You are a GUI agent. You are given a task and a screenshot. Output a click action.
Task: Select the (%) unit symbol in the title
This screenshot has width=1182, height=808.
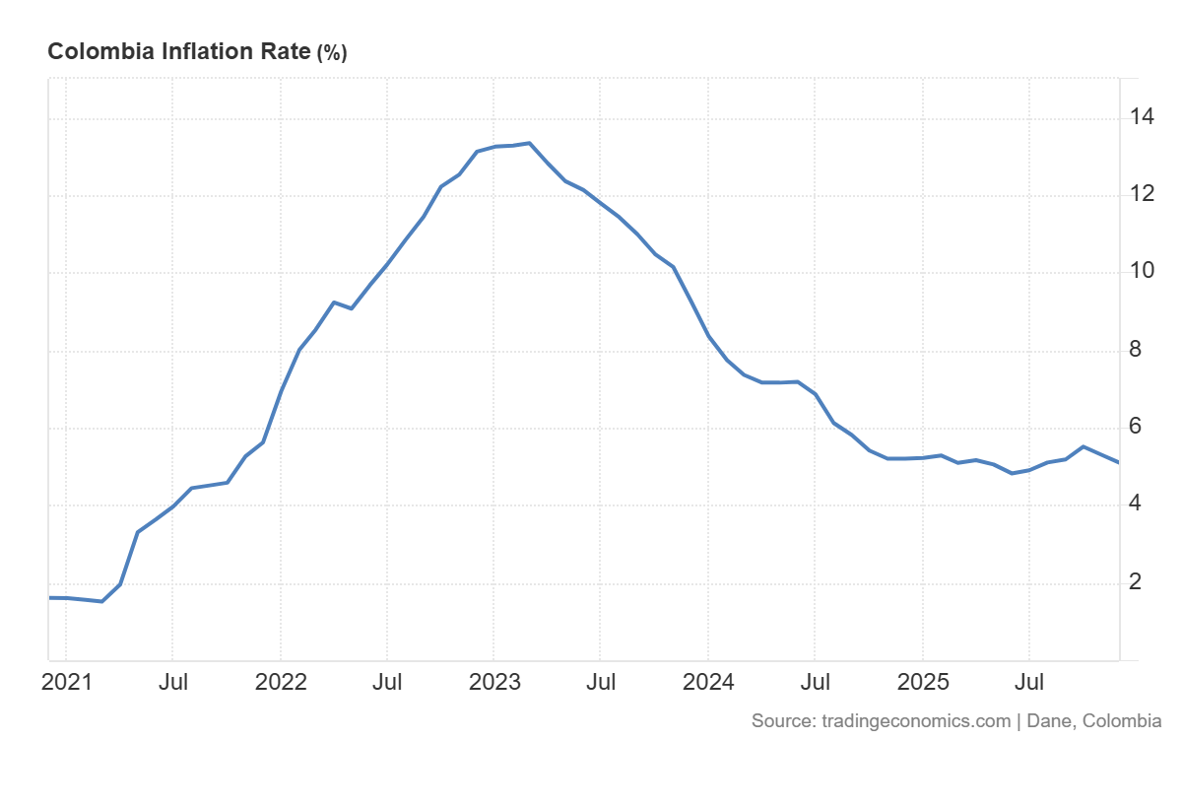click(x=331, y=53)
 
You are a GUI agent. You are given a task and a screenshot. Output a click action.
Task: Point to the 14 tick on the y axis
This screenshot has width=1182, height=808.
click(x=1143, y=117)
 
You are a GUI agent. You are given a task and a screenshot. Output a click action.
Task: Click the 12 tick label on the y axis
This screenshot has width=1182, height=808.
click(x=1143, y=194)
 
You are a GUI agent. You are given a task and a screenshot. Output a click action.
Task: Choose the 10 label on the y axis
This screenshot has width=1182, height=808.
click(x=1143, y=271)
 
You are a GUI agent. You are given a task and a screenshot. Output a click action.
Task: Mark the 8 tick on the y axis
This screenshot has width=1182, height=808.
click(x=1136, y=349)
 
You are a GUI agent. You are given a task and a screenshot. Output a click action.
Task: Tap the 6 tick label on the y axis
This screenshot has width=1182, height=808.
click(x=1136, y=427)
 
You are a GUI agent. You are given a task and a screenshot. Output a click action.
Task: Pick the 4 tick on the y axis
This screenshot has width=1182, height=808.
click(x=1136, y=504)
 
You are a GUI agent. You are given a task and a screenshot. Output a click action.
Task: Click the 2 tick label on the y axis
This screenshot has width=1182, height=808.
click(x=1136, y=581)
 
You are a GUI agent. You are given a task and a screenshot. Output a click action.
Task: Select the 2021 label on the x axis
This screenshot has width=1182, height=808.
click(x=66, y=682)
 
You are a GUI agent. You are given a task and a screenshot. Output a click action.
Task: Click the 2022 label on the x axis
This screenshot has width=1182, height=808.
click(x=281, y=682)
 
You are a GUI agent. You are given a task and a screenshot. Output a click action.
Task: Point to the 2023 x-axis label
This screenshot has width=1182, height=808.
click(x=494, y=682)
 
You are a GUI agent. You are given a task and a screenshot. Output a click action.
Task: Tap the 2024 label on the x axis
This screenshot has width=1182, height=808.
click(x=708, y=682)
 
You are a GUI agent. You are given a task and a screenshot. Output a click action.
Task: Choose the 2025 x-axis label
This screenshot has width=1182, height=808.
click(x=923, y=682)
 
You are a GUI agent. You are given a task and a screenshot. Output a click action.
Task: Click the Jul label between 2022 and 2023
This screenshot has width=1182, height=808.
click(x=387, y=682)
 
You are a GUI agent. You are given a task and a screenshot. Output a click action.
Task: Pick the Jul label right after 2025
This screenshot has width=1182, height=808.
click(x=1029, y=682)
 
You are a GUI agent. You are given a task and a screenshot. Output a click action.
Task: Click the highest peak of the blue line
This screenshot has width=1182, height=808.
click(x=529, y=143)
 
